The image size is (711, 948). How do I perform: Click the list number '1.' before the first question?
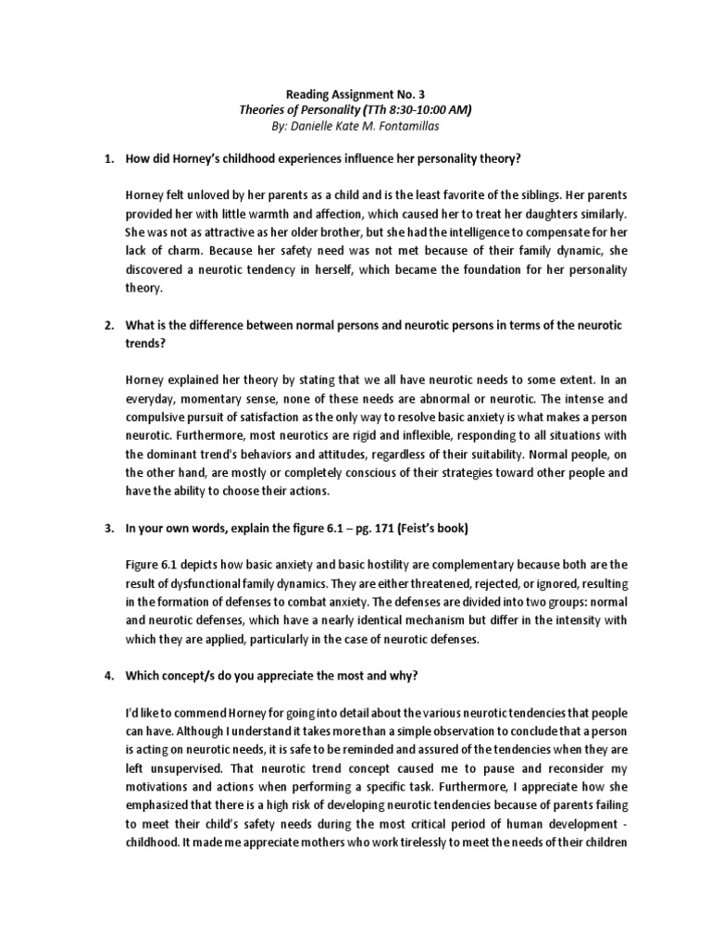[x=107, y=159]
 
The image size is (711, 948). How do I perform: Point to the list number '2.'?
[x=107, y=328]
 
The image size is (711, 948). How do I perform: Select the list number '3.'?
[x=107, y=529]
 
